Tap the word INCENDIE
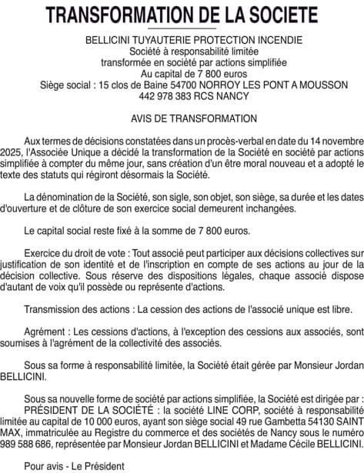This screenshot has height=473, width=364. point(259,39)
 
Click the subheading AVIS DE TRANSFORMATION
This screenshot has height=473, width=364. point(182,118)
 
